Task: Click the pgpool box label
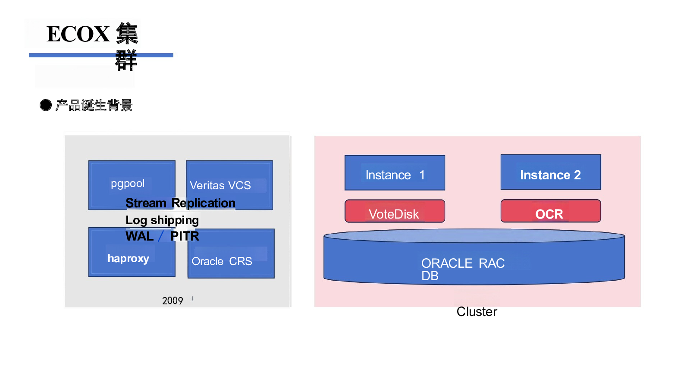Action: coord(128,184)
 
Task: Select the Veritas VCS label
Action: coord(220,185)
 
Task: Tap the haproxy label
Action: coord(128,258)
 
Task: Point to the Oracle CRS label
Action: coord(222,261)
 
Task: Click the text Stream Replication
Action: coord(181,203)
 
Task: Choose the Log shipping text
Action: coord(162,220)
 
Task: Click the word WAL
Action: coord(140,236)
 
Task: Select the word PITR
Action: coord(185,236)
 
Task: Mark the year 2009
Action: coord(172,300)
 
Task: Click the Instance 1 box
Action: coord(395,173)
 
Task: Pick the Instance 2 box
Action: coord(551,172)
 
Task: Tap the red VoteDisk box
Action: coord(395,211)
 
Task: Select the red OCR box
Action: coord(551,211)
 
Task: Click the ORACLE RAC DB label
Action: coord(463,269)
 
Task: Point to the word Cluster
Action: coord(477,312)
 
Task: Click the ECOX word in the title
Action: coord(78,34)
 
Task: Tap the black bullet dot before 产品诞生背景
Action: coord(46,105)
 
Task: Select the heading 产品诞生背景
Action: coord(94,105)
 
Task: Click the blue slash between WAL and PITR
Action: coord(161,236)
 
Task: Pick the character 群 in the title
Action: coord(125,60)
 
